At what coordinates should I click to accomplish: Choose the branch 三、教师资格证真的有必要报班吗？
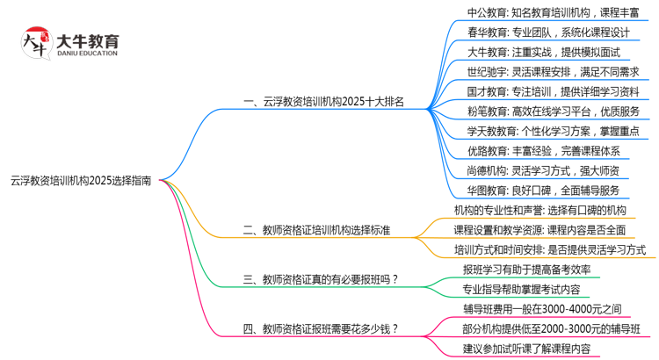click(x=320, y=279)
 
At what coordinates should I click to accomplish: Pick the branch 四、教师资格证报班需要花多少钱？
click(x=320, y=329)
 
